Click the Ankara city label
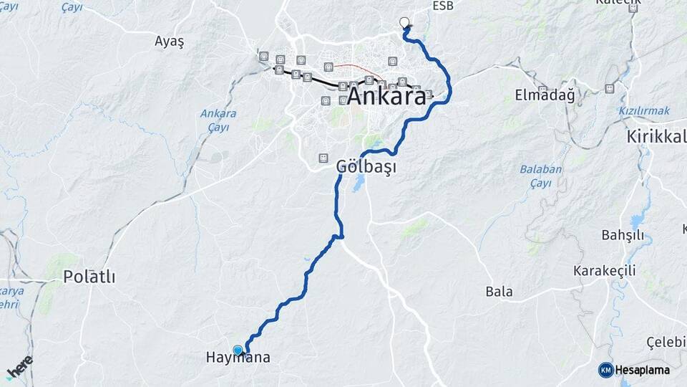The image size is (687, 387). click(x=386, y=97)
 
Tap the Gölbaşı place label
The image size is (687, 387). click(x=366, y=166)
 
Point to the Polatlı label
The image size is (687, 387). click(x=89, y=277)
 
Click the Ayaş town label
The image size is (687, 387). click(x=169, y=42)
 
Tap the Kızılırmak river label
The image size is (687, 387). click(x=644, y=111)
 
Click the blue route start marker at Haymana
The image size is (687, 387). click(x=238, y=350)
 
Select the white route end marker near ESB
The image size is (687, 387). click(x=404, y=22)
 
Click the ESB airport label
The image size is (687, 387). click(x=443, y=6)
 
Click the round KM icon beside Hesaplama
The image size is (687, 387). click(x=605, y=370)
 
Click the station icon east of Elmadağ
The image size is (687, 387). click(x=609, y=89)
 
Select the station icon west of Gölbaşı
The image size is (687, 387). click(x=323, y=157)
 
